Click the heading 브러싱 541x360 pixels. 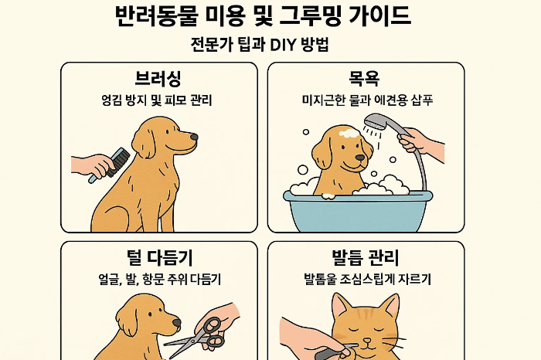click(158, 79)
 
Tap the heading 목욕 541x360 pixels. click(364, 79)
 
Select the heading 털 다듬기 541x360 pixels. click(160, 257)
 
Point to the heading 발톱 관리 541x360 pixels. click(365, 257)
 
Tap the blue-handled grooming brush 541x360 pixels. click(110, 165)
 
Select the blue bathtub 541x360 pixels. click(358, 211)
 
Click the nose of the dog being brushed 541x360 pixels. click(194, 138)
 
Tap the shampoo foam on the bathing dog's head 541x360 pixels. click(348, 133)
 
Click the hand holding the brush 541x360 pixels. click(90, 165)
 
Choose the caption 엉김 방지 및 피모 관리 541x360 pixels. click(156, 100)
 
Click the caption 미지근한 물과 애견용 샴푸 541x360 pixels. click(367, 100)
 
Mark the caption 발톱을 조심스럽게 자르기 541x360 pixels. click(367, 279)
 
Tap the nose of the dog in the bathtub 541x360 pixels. click(360, 158)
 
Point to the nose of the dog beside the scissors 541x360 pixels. click(176, 322)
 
